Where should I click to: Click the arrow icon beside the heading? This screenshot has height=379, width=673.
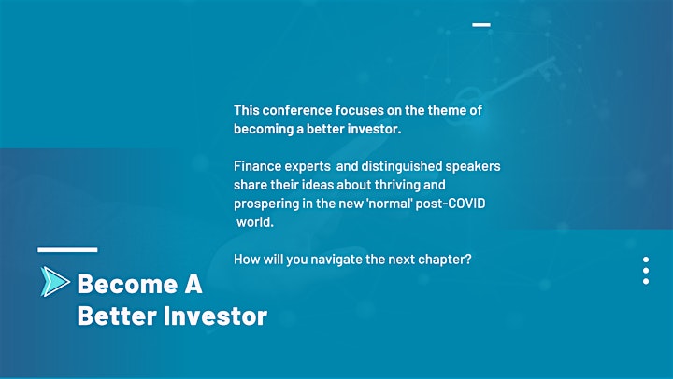55,282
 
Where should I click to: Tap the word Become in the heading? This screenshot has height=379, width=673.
127,284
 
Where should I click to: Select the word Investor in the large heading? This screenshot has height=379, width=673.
215,316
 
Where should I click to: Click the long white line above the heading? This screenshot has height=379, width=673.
67,249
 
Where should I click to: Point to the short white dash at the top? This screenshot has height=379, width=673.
481,25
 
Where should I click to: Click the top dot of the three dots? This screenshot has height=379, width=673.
646,260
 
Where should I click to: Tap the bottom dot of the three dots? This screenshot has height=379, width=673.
646,281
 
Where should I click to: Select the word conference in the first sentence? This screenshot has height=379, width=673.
297,110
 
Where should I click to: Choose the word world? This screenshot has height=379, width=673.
255,222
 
